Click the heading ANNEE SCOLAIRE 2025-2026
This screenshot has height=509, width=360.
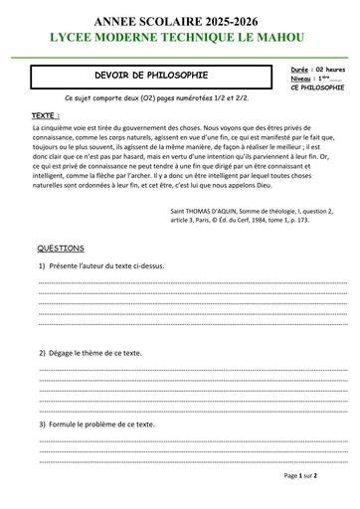coord(180,20)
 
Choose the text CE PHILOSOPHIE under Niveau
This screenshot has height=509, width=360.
coord(318,87)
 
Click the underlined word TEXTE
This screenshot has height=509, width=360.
coord(45,116)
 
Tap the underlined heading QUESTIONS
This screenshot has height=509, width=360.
coord(61,248)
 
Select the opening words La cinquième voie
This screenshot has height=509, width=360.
coord(59,128)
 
